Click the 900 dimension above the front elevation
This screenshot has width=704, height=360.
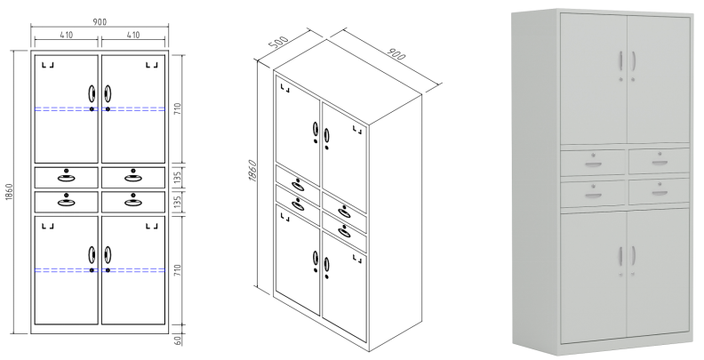click(x=100, y=22)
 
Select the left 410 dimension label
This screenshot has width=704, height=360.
click(x=66, y=35)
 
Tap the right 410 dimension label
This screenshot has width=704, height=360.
click(x=133, y=35)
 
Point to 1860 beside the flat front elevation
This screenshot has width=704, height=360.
click(x=10, y=192)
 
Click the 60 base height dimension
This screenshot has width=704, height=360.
click(x=178, y=340)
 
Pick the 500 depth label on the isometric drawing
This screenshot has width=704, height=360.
click(x=278, y=43)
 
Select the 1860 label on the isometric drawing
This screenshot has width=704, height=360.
click(x=252, y=171)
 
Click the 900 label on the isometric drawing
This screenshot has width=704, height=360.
click(x=396, y=53)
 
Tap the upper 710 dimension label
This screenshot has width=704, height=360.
click(x=178, y=108)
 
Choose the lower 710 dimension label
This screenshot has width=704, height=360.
click(x=178, y=269)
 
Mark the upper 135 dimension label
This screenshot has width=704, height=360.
click(x=178, y=178)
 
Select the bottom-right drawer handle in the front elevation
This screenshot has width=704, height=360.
click(x=133, y=202)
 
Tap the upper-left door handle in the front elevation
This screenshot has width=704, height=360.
click(x=92, y=94)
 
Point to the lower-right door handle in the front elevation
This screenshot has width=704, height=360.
click(x=108, y=255)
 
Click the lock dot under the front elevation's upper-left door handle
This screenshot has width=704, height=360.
click(x=92, y=109)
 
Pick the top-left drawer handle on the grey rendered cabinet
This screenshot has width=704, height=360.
click(x=593, y=164)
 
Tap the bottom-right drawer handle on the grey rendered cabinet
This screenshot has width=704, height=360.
click(x=660, y=193)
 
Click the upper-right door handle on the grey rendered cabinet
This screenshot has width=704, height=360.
click(x=633, y=60)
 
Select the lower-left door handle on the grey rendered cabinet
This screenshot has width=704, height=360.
click(x=621, y=255)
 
